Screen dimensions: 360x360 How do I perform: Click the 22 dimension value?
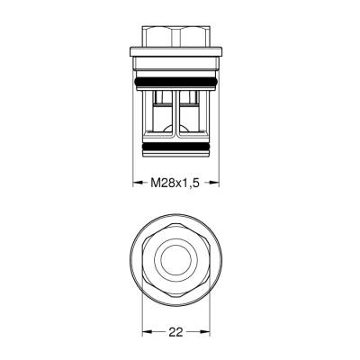click(x=176, y=332)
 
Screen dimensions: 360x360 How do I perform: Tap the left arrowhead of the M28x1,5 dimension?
click(x=138, y=183)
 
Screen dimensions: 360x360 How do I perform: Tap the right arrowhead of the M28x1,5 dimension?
click(x=216, y=183)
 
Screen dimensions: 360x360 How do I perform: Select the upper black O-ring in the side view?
click(x=176, y=83)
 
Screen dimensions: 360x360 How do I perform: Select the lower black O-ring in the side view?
click(x=176, y=144)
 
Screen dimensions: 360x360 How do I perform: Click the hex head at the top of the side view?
click(x=176, y=40)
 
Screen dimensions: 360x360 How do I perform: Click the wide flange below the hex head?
click(x=176, y=60)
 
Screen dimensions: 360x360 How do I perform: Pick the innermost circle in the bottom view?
click(x=176, y=259)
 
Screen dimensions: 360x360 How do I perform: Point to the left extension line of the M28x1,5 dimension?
click(x=134, y=166)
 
